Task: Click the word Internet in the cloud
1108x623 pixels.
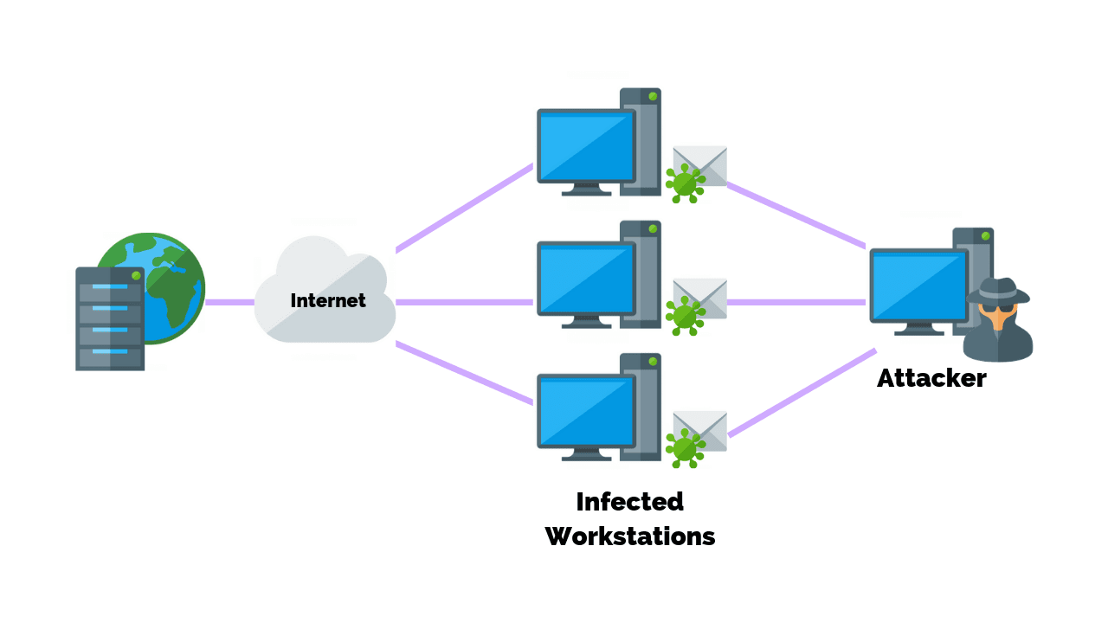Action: point(327,301)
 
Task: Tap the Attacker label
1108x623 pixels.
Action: point(931,378)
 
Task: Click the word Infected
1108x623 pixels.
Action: point(629,502)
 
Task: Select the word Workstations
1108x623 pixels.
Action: point(630,536)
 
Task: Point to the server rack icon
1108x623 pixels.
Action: point(109,318)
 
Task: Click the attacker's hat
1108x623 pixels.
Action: point(999,291)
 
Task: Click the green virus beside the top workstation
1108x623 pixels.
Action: point(685,183)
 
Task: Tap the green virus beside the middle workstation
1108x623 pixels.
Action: point(685,315)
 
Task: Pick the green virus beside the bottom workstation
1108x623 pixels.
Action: point(685,447)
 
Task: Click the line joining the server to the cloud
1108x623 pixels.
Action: point(229,302)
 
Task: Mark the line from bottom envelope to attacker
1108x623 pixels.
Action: point(801,393)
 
